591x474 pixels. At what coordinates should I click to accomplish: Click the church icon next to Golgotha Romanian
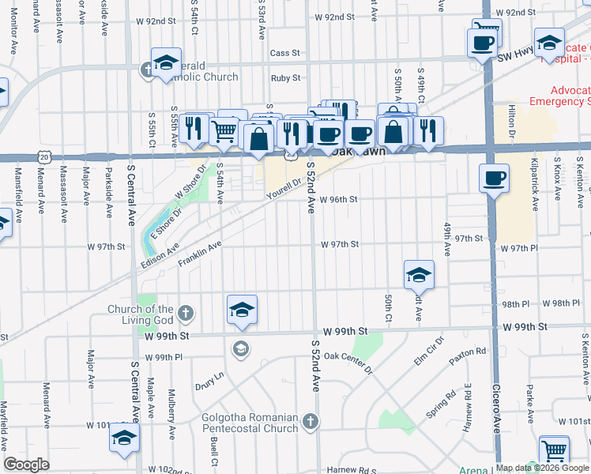310,423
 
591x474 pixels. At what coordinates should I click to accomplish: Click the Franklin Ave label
199,256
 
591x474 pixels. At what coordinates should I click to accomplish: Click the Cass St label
285,53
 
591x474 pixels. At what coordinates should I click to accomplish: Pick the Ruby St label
285,78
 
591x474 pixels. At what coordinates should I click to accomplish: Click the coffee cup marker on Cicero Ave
494,178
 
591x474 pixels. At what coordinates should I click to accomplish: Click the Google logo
26,465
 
